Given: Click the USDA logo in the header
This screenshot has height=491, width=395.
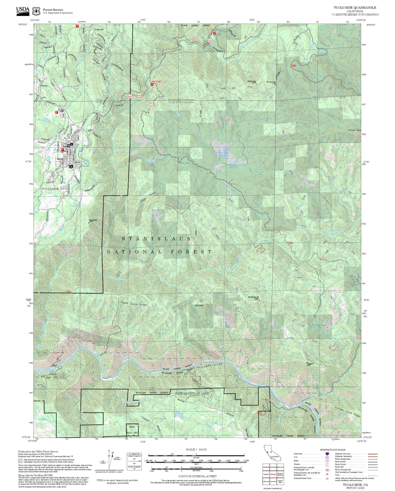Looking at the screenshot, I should [23, 10].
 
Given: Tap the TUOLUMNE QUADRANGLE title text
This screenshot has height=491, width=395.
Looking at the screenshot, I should [355, 8].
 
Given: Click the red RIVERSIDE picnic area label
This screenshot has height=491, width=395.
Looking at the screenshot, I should [157, 82].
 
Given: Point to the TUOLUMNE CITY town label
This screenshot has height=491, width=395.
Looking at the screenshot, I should [54, 189].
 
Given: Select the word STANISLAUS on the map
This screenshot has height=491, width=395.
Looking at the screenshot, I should [157, 239].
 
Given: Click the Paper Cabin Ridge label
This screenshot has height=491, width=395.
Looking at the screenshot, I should [134, 304].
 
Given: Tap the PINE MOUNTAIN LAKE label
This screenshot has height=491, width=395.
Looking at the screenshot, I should [192, 393].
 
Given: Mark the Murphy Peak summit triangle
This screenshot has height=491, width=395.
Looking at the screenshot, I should [256, 84].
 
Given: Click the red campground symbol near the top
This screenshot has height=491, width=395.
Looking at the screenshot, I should [215, 34].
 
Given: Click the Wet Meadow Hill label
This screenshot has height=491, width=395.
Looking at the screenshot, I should [253, 297].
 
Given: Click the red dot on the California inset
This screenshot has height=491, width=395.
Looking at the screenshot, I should [271, 452].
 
